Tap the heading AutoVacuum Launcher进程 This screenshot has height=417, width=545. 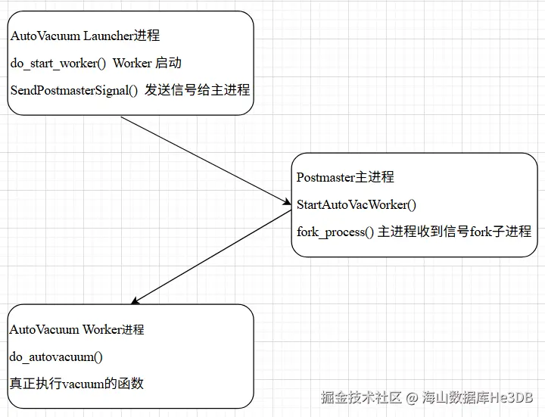85,36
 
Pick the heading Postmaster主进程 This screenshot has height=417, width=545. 345,177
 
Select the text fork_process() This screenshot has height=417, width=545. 335,232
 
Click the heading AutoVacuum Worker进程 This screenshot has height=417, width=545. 76,329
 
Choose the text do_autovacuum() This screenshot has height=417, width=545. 56,356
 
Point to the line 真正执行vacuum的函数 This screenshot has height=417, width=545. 76,383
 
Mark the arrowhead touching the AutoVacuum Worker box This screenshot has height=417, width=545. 135,301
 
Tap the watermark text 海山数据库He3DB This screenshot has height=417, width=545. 478,397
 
